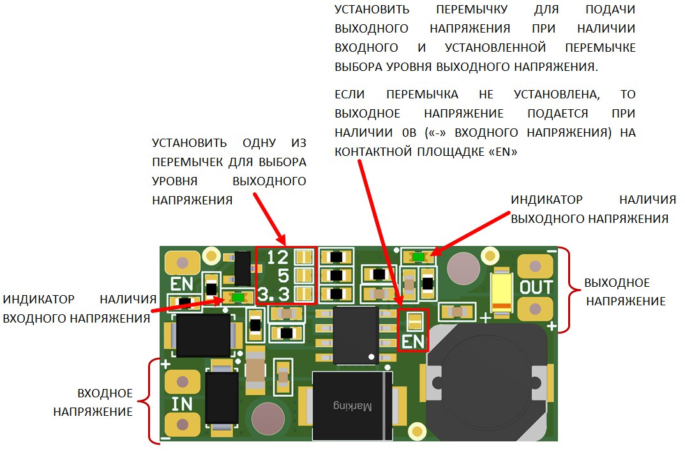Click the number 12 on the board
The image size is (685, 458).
[278, 257]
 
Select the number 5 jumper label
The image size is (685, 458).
[284, 276]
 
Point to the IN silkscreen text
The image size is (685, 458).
[183, 404]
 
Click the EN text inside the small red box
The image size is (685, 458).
[413, 341]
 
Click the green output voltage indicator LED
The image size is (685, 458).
[419, 257]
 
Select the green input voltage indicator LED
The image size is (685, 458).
[238, 297]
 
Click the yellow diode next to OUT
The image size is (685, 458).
[501, 291]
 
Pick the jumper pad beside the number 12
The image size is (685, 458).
[305, 257]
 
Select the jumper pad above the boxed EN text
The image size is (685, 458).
[414, 320]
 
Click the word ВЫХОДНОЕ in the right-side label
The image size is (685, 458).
[617, 283]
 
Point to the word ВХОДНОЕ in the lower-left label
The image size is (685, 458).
[105, 393]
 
